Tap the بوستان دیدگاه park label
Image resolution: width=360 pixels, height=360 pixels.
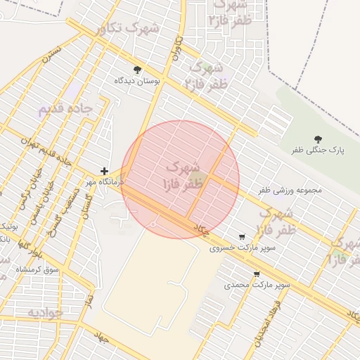pos(138,81)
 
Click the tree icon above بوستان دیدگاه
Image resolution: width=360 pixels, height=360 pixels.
pos(137,70)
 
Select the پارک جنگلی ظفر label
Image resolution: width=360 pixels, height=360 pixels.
pos(317,150)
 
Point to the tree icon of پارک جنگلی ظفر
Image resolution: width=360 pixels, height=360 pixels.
pos(317,139)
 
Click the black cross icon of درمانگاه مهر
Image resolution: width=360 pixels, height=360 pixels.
pos(104,171)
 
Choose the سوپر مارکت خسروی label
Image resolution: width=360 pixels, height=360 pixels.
pos(243,247)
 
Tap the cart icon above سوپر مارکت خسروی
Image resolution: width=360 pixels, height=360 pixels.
pos(243,237)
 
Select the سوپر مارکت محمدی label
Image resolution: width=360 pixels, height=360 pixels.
pos(257,285)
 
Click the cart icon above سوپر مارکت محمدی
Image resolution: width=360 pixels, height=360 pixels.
pos(257,274)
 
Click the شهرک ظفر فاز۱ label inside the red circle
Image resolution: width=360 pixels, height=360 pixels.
pos(181,177)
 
